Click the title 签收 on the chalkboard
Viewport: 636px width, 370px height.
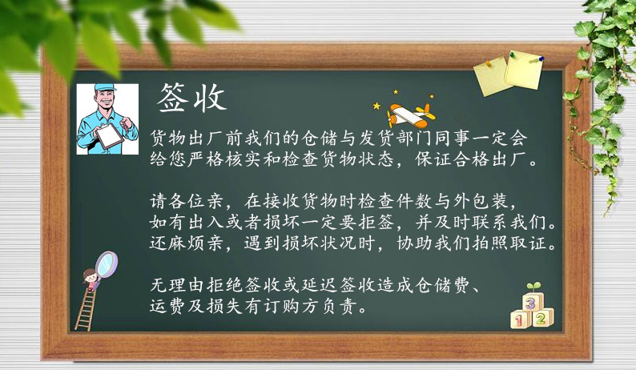(x=191, y=98)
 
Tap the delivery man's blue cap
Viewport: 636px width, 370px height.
(x=105, y=87)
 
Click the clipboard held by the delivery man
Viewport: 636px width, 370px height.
(x=109, y=135)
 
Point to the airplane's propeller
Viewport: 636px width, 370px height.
(x=391, y=118)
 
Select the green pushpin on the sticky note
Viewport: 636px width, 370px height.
(x=513, y=54)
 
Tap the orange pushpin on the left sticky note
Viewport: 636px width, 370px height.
(x=489, y=63)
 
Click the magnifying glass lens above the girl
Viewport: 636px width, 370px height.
(x=107, y=264)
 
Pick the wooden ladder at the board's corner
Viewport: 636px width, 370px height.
(x=85, y=309)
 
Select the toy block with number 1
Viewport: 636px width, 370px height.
(x=520, y=320)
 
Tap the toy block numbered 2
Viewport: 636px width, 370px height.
(x=541, y=318)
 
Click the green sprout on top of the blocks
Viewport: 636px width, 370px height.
(x=533, y=286)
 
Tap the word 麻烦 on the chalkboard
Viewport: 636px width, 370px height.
(x=187, y=243)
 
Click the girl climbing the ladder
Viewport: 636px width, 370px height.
(x=91, y=280)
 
